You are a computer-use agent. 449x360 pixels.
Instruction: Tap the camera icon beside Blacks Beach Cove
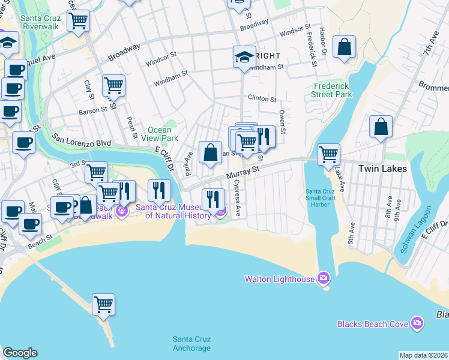417,324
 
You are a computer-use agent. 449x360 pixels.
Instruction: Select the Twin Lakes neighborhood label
382,169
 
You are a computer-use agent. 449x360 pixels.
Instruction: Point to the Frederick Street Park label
332,90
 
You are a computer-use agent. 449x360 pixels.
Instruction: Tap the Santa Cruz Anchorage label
191,343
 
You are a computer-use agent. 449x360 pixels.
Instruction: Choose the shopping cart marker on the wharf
103,304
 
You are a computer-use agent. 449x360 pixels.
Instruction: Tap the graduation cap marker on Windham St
244,57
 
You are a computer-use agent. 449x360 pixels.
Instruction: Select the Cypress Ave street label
237,197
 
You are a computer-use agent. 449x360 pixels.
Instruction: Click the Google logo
20,353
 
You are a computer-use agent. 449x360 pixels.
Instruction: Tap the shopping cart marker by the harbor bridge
328,154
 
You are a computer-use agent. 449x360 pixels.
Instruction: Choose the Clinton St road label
262,98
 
